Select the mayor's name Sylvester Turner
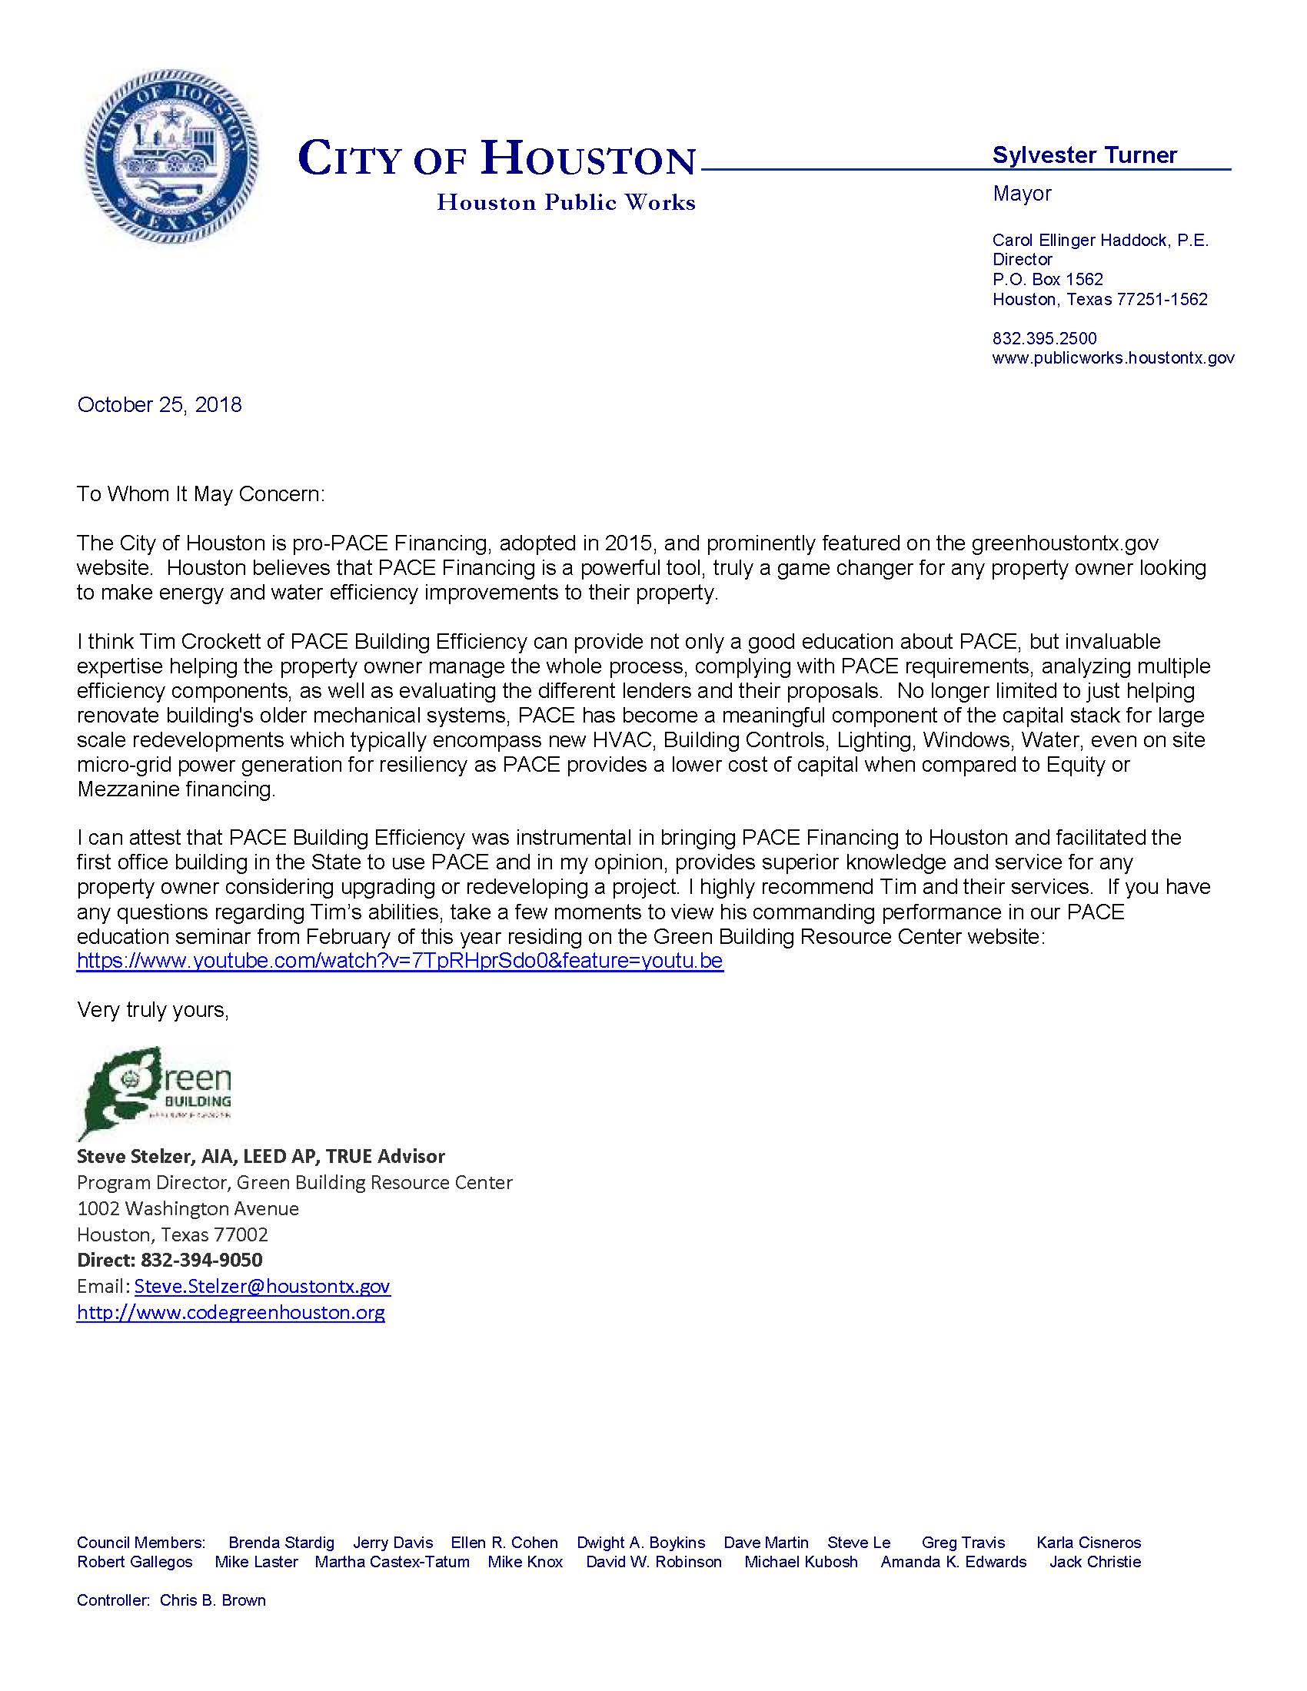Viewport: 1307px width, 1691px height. pyautogui.click(x=1084, y=155)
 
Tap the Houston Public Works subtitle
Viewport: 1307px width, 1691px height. pyautogui.click(x=566, y=203)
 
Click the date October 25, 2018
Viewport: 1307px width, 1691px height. pyautogui.click(x=159, y=405)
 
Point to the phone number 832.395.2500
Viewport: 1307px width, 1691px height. pyautogui.click(x=1045, y=338)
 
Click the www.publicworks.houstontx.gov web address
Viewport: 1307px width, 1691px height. pyautogui.click(x=1112, y=357)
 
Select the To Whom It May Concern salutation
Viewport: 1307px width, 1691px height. pyautogui.click(x=201, y=494)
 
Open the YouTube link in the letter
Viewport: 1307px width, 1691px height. pyautogui.click(x=400, y=961)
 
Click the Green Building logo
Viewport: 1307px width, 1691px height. pyautogui.click(x=155, y=1092)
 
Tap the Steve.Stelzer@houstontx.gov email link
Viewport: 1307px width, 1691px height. pyautogui.click(x=261, y=1286)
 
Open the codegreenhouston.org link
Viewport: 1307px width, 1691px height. pyautogui.click(x=231, y=1312)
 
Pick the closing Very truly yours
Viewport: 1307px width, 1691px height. pyautogui.click(x=152, y=1010)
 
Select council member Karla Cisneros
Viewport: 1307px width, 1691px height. pyautogui.click(x=1088, y=1543)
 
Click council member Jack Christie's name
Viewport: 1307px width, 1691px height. pyautogui.click(x=1095, y=1562)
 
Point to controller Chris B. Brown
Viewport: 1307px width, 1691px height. pyautogui.click(x=212, y=1600)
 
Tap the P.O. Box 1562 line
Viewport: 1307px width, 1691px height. pyautogui.click(x=1048, y=280)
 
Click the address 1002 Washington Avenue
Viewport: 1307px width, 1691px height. pyautogui.click(x=188, y=1208)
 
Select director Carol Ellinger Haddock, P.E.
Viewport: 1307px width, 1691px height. pyautogui.click(x=1100, y=241)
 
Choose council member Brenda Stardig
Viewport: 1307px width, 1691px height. pyautogui.click(x=281, y=1543)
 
